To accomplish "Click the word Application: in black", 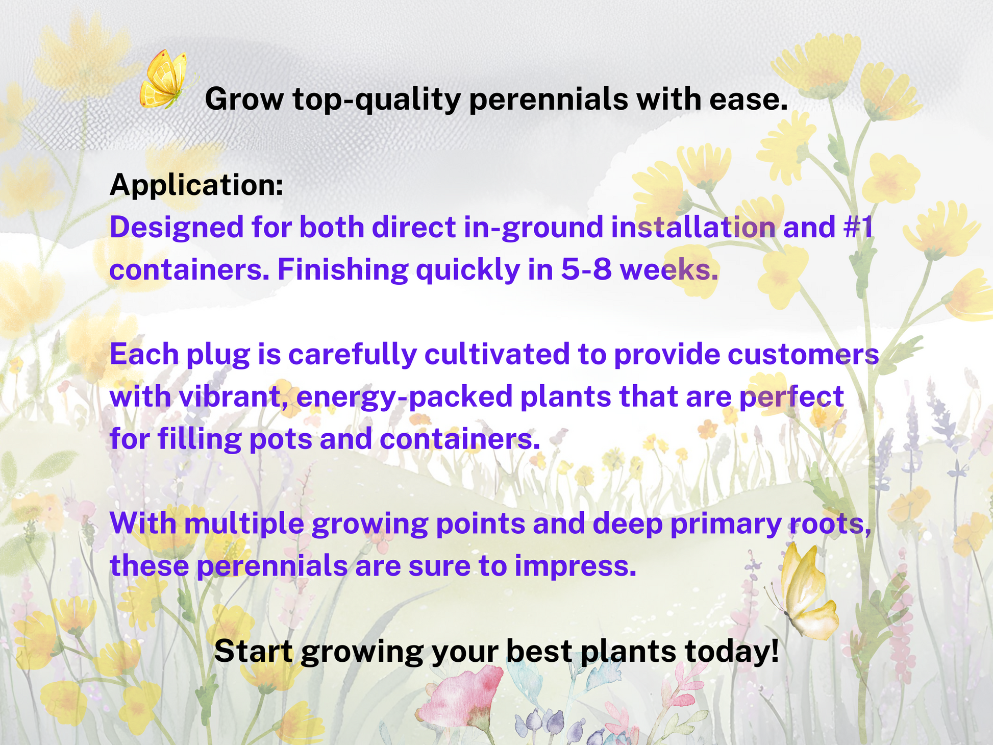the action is tap(196, 185).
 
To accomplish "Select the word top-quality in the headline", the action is tap(377, 99).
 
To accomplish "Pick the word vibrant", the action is tap(233, 396).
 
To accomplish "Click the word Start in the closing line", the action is tap(254, 651).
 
